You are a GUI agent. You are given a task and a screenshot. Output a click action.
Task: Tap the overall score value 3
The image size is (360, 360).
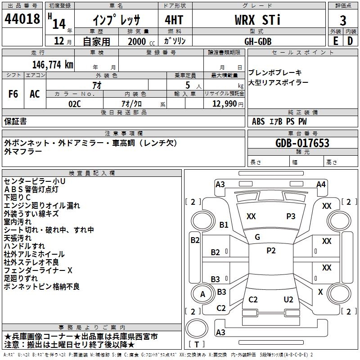pyautogui.click(x=343, y=20)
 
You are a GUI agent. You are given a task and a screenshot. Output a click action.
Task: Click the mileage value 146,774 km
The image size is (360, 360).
pyautogui.click(x=53, y=65)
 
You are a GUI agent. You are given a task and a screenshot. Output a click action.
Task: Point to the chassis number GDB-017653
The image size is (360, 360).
pyautogui.click(x=302, y=144)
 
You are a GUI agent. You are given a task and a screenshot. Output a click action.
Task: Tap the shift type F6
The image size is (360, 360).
pyautogui.click(x=13, y=94)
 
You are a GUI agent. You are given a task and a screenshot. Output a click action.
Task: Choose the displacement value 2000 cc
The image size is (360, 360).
pyautogui.click(x=140, y=41)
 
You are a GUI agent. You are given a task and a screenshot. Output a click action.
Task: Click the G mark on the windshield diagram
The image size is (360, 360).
pyautogui.click(x=257, y=237)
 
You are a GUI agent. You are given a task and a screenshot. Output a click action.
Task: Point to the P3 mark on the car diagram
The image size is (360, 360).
pyautogui.click(x=291, y=216)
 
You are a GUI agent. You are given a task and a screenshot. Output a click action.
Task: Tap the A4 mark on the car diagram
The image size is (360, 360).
pyautogui.click(x=321, y=184)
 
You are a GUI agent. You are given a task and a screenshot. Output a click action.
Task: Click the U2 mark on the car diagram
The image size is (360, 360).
pyautogui.click(x=288, y=300)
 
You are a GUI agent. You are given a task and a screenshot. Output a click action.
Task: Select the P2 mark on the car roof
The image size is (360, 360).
pyautogui.click(x=271, y=251)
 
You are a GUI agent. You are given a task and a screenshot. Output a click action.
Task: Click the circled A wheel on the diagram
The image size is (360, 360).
pyautogui.click(x=202, y=294)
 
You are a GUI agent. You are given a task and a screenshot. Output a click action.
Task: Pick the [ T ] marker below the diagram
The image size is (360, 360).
pyautogui.click(x=197, y=345)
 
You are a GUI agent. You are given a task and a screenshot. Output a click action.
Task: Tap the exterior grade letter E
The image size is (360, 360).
pyautogui.click(x=335, y=40)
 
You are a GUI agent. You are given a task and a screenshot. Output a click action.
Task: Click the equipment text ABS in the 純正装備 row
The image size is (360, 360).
pyautogui.click(x=258, y=121)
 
